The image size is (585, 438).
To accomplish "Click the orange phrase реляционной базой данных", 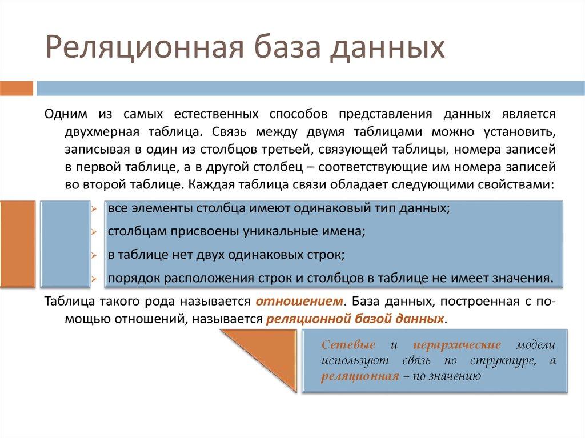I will coord(355,318).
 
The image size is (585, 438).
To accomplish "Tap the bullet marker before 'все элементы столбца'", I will coord(95,208).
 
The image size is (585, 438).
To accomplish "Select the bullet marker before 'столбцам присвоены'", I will coord(95,232).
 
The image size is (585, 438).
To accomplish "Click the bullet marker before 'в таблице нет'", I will coord(95,255).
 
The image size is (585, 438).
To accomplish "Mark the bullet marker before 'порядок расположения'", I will coord(95,279).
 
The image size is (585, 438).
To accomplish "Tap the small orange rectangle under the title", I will coord(15,89).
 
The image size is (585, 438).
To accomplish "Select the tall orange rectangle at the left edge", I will coord(17,243).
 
